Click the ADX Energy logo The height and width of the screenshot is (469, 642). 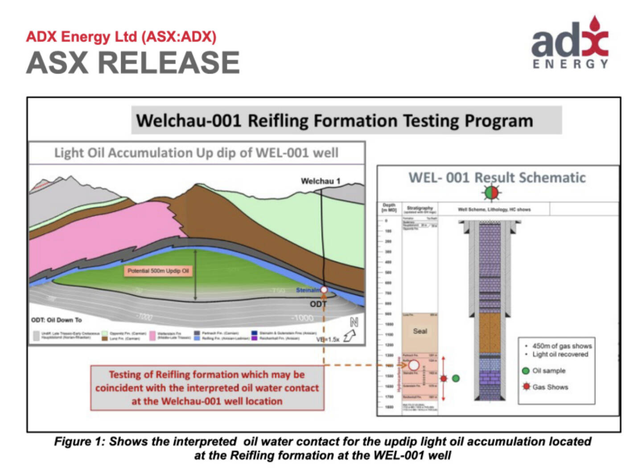(570, 44)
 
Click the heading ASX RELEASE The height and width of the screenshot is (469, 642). (133, 62)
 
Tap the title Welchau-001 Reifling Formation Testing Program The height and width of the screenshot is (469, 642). (334, 121)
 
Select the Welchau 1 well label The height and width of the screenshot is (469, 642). (320, 181)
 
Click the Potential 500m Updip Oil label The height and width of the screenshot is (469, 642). (158, 271)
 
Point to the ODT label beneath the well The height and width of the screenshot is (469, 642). (318, 304)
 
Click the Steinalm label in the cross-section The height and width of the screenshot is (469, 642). (308, 290)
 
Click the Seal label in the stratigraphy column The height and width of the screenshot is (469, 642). (420, 331)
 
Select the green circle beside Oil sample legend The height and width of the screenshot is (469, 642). (526, 371)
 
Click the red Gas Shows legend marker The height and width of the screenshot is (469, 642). (527, 386)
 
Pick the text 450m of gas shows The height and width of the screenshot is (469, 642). (562, 346)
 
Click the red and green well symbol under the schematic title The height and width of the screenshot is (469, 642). (491, 193)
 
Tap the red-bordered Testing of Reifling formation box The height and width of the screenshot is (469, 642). (207, 387)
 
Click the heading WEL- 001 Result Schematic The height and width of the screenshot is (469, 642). (497, 178)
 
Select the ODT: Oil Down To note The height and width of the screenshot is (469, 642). (57, 320)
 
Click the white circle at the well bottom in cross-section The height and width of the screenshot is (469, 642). (324, 290)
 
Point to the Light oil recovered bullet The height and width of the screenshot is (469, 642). (560, 354)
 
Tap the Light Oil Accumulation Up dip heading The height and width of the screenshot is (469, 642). (196, 153)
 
